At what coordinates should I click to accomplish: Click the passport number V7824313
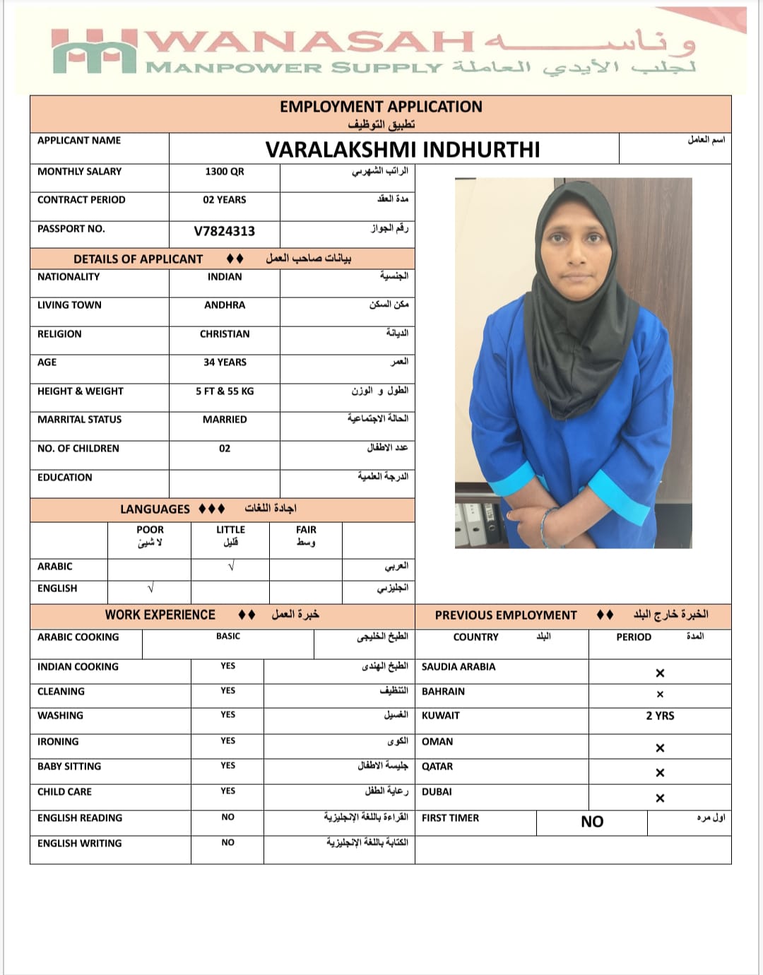coord(224,231)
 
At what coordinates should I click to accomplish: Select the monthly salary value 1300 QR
coord(224,172)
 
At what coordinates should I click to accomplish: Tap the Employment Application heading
coord(381,107)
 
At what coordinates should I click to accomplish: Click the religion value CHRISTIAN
coord(224,334)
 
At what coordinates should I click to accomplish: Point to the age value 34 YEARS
coord(225,362)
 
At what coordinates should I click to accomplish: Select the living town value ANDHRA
coord(224,305)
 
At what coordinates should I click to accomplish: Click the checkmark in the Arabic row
coord(231,567)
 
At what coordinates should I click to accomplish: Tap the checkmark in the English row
coord(150,588)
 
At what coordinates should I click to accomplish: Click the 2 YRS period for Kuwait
coord(660,716)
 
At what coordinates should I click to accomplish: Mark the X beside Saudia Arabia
coord(660,673)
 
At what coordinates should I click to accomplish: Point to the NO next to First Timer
coord(592,822)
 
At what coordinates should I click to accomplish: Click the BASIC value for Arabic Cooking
coord(228,637)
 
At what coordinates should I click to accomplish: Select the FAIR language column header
coord(306,530)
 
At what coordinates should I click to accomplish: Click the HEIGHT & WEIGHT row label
coord(81,391)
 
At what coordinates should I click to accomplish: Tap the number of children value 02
coord(225,449)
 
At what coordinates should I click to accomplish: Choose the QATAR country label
coord(437,767)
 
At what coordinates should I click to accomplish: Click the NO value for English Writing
coord(227,843)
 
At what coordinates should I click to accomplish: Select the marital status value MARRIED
coord(225,420)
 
